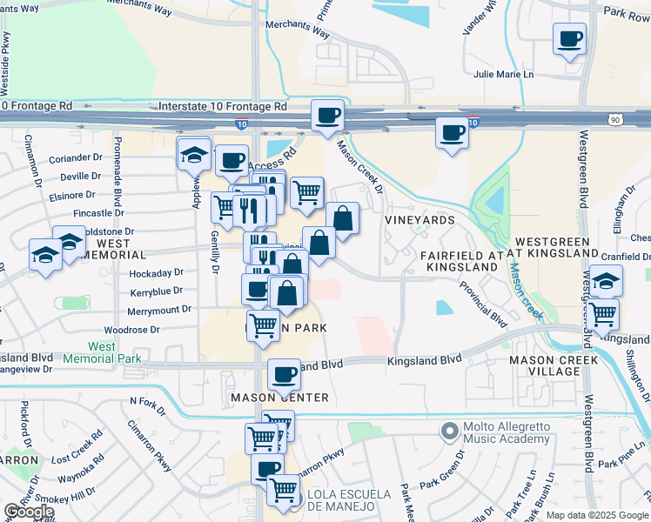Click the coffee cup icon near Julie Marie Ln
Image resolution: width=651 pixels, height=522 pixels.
tap(569, 38)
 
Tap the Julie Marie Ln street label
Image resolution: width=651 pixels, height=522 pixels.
tap(502, 74)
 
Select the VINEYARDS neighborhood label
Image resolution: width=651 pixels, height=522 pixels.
tap(420, 220)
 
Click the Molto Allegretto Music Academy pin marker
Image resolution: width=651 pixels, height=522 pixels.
tap(449, 431)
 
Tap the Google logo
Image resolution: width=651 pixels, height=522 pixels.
tap(28, 512)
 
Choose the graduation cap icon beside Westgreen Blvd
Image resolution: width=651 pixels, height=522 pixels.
tap(606, 280)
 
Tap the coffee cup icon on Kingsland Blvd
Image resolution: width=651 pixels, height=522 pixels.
tap(284, 374)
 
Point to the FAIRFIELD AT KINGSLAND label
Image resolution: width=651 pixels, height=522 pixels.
tap(462, 261)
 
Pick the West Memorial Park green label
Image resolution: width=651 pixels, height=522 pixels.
tap(102, 352)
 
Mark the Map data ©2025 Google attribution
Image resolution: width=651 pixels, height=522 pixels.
tap(597, 515)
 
